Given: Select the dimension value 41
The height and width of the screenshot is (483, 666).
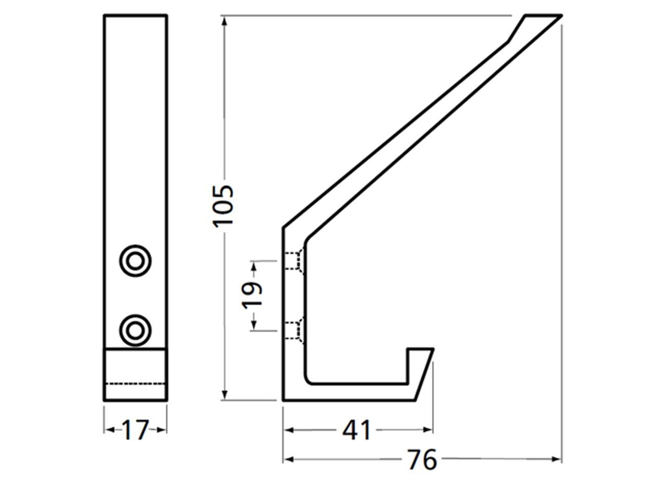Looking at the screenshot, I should pyautogui.click(x=356, y=430).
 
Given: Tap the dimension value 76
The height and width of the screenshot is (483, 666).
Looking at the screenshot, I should pyautogui.click(x=422, y=460).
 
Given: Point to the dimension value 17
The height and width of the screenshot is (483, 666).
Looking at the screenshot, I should pyautogui.click(x=135, y=430).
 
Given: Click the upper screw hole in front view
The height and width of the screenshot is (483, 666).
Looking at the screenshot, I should pyautogui.click(x=135, y=261).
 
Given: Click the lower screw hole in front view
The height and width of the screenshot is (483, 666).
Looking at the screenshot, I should pyautogui.click(x=135, y=330).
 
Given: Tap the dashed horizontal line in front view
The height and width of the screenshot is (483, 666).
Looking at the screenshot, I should pyautogui.click(x=135, y=383).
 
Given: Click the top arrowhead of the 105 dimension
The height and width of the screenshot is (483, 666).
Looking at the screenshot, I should pyautogui.click(x=224, y=21).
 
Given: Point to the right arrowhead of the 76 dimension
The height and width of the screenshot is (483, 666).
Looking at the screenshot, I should pyautogui.click(x=556, y=460).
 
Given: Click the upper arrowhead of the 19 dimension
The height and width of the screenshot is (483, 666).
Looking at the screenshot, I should pyautogui.click(x=254, y=267).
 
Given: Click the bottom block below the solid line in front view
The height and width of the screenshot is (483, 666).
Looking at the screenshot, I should pyautogui.click(x=135, y=375).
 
